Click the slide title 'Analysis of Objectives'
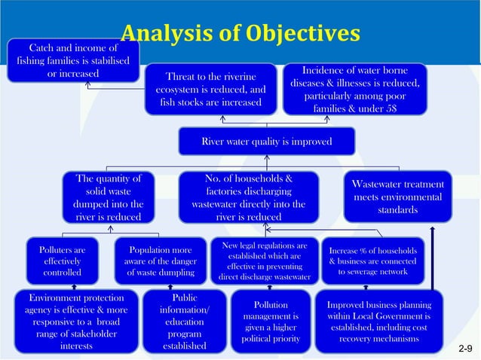coord(240,33)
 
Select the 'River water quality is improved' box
coord(266,141)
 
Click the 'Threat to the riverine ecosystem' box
coord(210,90)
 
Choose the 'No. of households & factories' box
coord(248,197)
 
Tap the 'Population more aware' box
coord(161,260)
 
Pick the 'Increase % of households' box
coord(373,260)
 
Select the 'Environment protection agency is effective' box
coord(75,322)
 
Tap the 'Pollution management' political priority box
coord(271,322)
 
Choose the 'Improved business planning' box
coord(378,322)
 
